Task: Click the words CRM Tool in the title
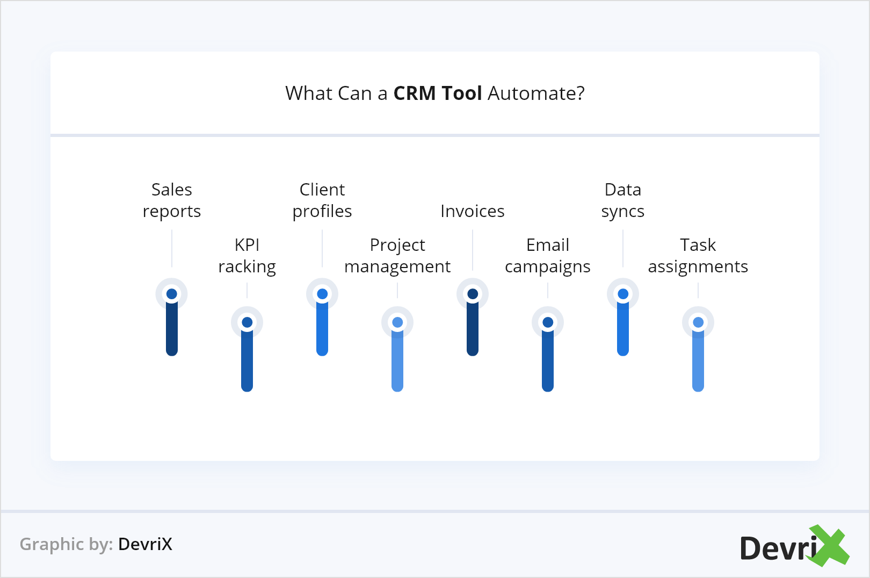[437, 93]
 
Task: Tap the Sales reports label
[172, 200]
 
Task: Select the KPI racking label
[247, 256]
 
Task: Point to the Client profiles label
[322, 200]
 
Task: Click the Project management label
[397, 256]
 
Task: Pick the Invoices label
[473, 211]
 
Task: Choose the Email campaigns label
[548, 256]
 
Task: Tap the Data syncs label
[623, 200]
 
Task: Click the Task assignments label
[698, 256]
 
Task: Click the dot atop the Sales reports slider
[172, 294]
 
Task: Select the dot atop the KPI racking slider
[247, 322]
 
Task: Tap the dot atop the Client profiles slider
[322, 294]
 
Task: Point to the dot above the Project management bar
[397, 322]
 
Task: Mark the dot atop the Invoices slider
[473, 294]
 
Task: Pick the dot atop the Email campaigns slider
[548, 322]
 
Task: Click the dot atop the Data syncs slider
[623, 294]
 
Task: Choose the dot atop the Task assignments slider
[698, 322]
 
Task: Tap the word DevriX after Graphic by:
[145, 544]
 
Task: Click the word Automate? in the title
[536, 93]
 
